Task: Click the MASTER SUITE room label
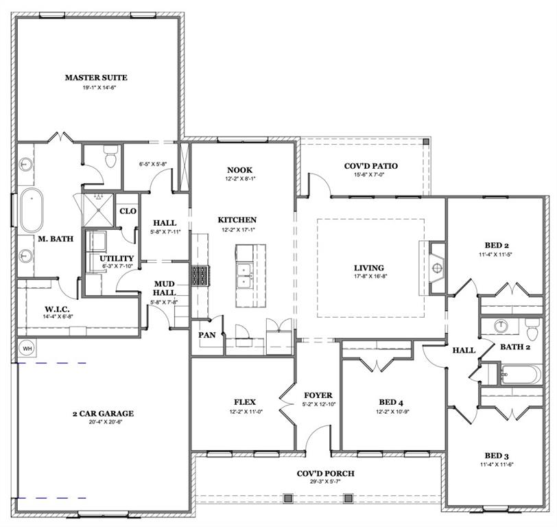tap(96, 78)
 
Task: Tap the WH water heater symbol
tap(27, 348)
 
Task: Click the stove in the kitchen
tap(199, 277)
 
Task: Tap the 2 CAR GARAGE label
tap(103, 414)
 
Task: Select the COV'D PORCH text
tap(326, 473)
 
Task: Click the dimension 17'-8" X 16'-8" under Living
tap(368, 277)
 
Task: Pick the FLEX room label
tap(244, 402)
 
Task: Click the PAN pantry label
tap(207, 335)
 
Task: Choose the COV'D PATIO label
tap(370, 165)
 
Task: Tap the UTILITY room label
tap(117, 259)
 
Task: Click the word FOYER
tap(318, 395)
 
